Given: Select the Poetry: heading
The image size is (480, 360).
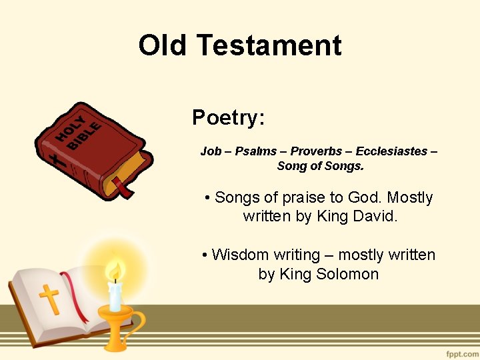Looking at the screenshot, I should (x=229, y=118).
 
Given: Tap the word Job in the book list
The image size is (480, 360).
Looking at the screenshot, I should (x=211, y=151).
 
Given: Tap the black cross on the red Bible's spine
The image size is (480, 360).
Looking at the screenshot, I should (x=59, y=161).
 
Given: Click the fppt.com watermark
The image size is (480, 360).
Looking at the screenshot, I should (x=461, y=351).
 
